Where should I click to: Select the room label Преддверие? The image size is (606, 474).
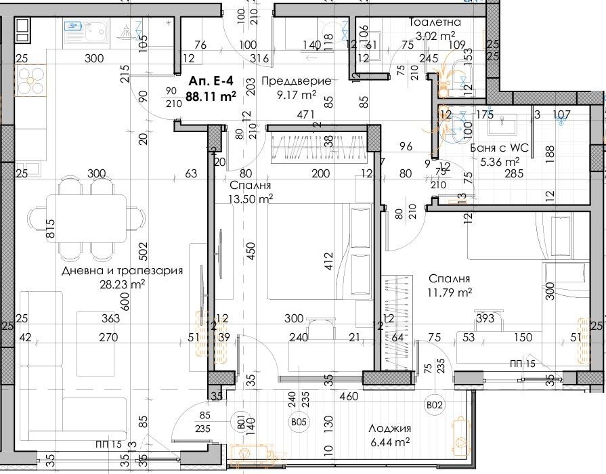(x=296, y=81)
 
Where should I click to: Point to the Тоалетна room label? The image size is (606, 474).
(x=435, y=22)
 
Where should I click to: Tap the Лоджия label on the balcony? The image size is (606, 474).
(x=389, y=429)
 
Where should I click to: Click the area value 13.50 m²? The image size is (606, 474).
(x=251, y=198)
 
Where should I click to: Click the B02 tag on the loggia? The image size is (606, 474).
(x=434, y=405)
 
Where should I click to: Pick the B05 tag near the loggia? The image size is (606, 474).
(x=298, y=423)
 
